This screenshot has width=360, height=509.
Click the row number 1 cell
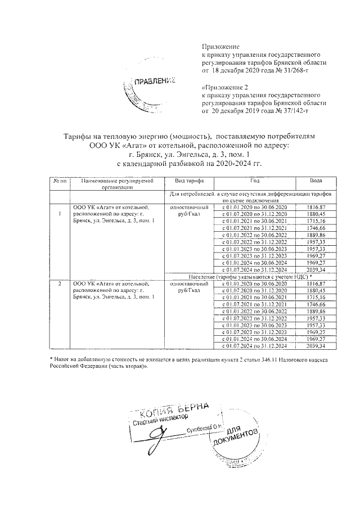pyautogui.click(x=60, y=214)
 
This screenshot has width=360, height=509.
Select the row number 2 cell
pyautogui.click(x=60, y=284)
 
